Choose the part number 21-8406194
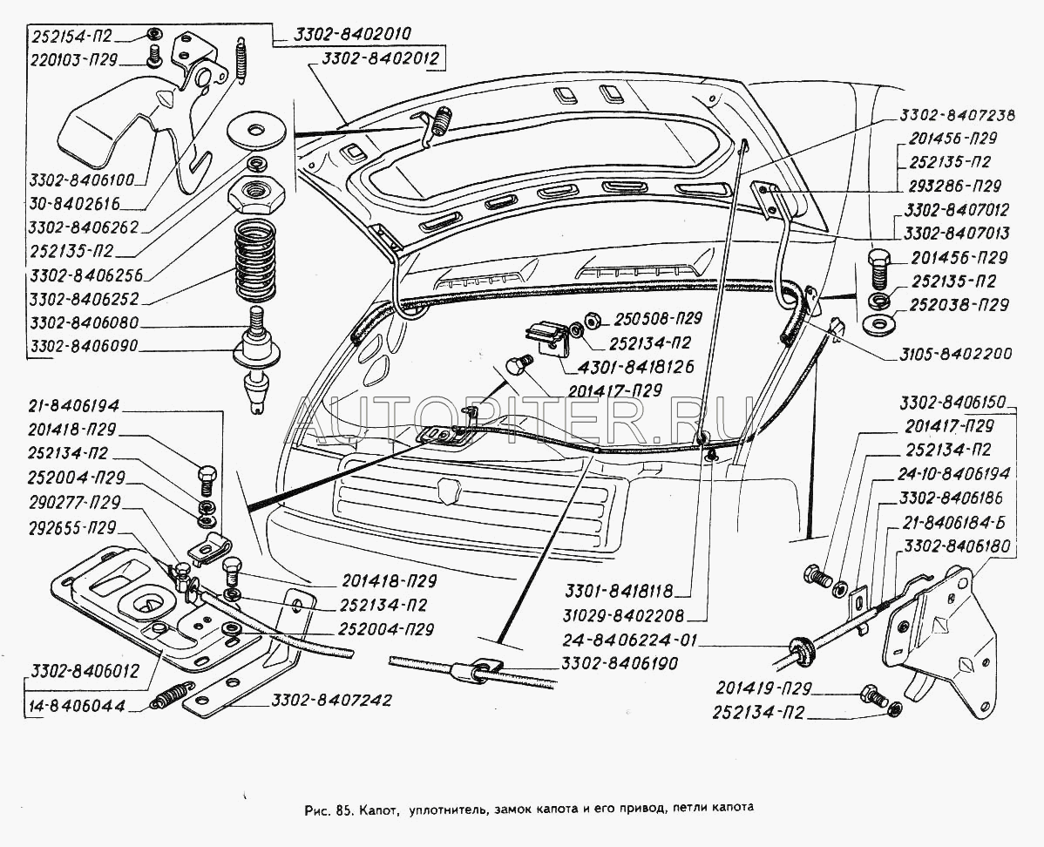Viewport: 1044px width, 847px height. (x=73, y=407)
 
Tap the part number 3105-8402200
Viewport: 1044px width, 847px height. (x=951, y=355)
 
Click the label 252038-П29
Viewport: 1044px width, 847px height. (x=959, y=305)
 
